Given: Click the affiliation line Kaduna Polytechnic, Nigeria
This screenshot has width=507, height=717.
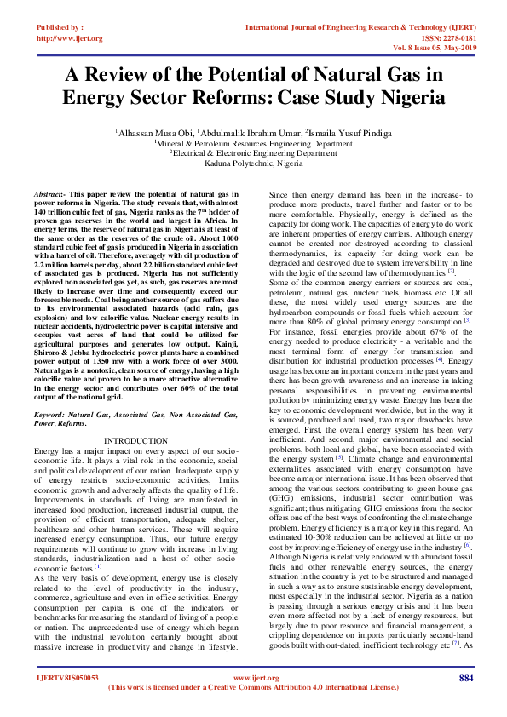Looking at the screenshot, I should tap(253, 163).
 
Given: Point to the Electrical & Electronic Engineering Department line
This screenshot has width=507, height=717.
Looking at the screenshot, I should tap(253, 153).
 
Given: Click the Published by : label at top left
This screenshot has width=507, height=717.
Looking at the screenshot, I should tap(60, 27).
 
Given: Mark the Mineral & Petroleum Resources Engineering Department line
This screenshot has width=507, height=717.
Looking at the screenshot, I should tap(253, 144).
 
